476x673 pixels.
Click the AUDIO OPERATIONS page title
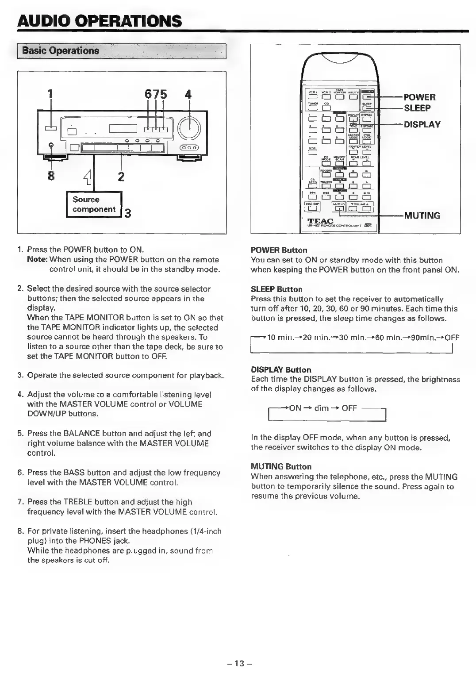pyautogui.click(x=100, y=21)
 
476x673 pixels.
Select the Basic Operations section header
pyautogui.click(x=61, y=50)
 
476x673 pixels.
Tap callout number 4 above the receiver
pyautogui.click(x=188, y=95)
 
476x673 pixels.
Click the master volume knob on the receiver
pyautogui.click(x=190, y=129)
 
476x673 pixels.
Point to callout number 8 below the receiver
pyautogui.click(x=51, y=176)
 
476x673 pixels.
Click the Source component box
pyautogui.click(x=93, y=204)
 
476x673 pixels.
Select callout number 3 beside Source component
pyautogui.click(x=127, y=214)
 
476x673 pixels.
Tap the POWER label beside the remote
pyautogui.click(x=419, y=97)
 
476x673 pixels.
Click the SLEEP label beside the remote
pyautogui.click(x=417, y=108)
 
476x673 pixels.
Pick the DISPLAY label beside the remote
pyautogui.click(x=422, y=124)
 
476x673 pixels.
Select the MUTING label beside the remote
pyautogui.click(x=422, y=215)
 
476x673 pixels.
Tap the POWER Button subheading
pyautogui.click(x=279, y=250)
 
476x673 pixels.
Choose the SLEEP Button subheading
pyautogui.click(x=276, y=289)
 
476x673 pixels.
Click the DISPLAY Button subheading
pyautogui.click(x=281, y=369)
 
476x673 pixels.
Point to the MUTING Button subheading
pyautogui.click(x=281, y=467)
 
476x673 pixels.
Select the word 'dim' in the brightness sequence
pyautogui.click(x=322, y=408)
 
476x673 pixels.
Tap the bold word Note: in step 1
pyautogui.click(x=37, y=260)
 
